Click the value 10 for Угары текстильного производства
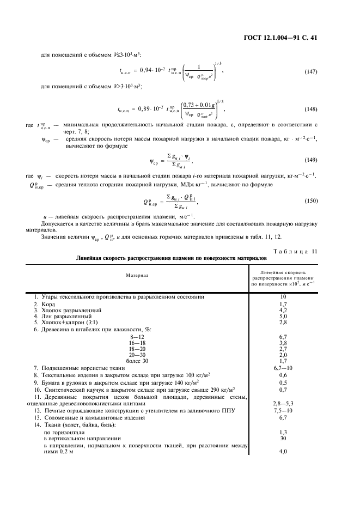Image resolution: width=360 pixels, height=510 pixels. coord(283,296)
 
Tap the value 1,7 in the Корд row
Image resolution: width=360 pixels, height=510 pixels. coord(283,303)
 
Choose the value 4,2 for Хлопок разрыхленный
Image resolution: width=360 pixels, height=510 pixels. coord(283,310)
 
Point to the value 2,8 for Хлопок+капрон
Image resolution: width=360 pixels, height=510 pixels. coord(283,323)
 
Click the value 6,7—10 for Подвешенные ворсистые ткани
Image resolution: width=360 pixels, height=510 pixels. coord(283,368)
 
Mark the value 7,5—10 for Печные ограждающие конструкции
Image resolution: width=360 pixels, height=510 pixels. coord(283,410)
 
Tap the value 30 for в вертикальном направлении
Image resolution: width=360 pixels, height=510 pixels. coord(283,438)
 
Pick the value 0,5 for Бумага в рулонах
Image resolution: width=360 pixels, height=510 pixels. coord(283,382)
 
